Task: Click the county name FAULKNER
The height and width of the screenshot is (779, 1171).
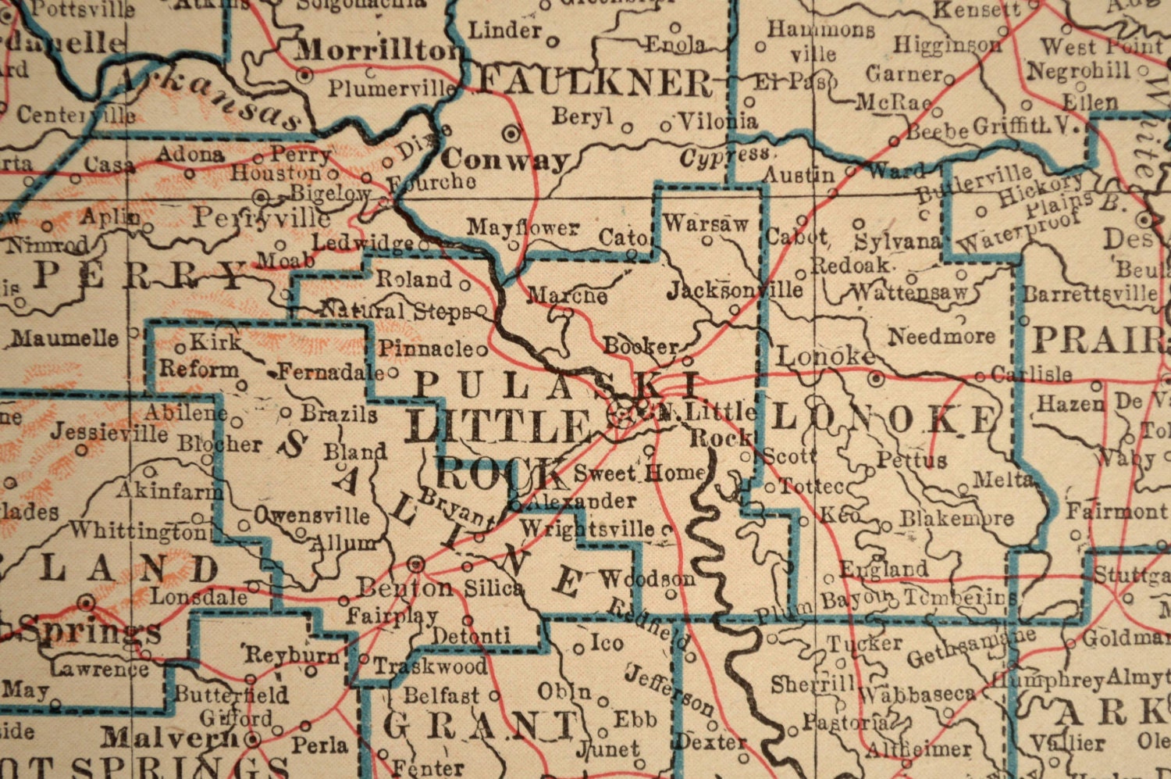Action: (596, 81)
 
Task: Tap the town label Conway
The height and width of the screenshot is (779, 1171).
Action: (505, 159)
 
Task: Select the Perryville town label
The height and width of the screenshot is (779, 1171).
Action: (262, 216)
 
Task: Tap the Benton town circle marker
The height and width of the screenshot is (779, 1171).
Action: (417, 563)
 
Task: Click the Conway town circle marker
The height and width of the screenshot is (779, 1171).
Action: (512, 134)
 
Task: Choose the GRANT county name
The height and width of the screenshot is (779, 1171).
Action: (479, 726)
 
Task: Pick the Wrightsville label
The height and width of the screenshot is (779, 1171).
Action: (587, 529)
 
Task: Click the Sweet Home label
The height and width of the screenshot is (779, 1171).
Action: (639, 473)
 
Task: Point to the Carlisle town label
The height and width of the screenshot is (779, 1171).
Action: (1031, 375)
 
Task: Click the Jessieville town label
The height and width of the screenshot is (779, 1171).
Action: (109, 432)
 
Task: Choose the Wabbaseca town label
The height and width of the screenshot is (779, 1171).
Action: (917, 694)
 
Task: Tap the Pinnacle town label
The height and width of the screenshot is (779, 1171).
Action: (427, 348)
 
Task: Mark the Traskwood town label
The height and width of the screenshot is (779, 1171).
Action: (429, 666)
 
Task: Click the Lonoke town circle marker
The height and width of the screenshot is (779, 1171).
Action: (877, 378)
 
